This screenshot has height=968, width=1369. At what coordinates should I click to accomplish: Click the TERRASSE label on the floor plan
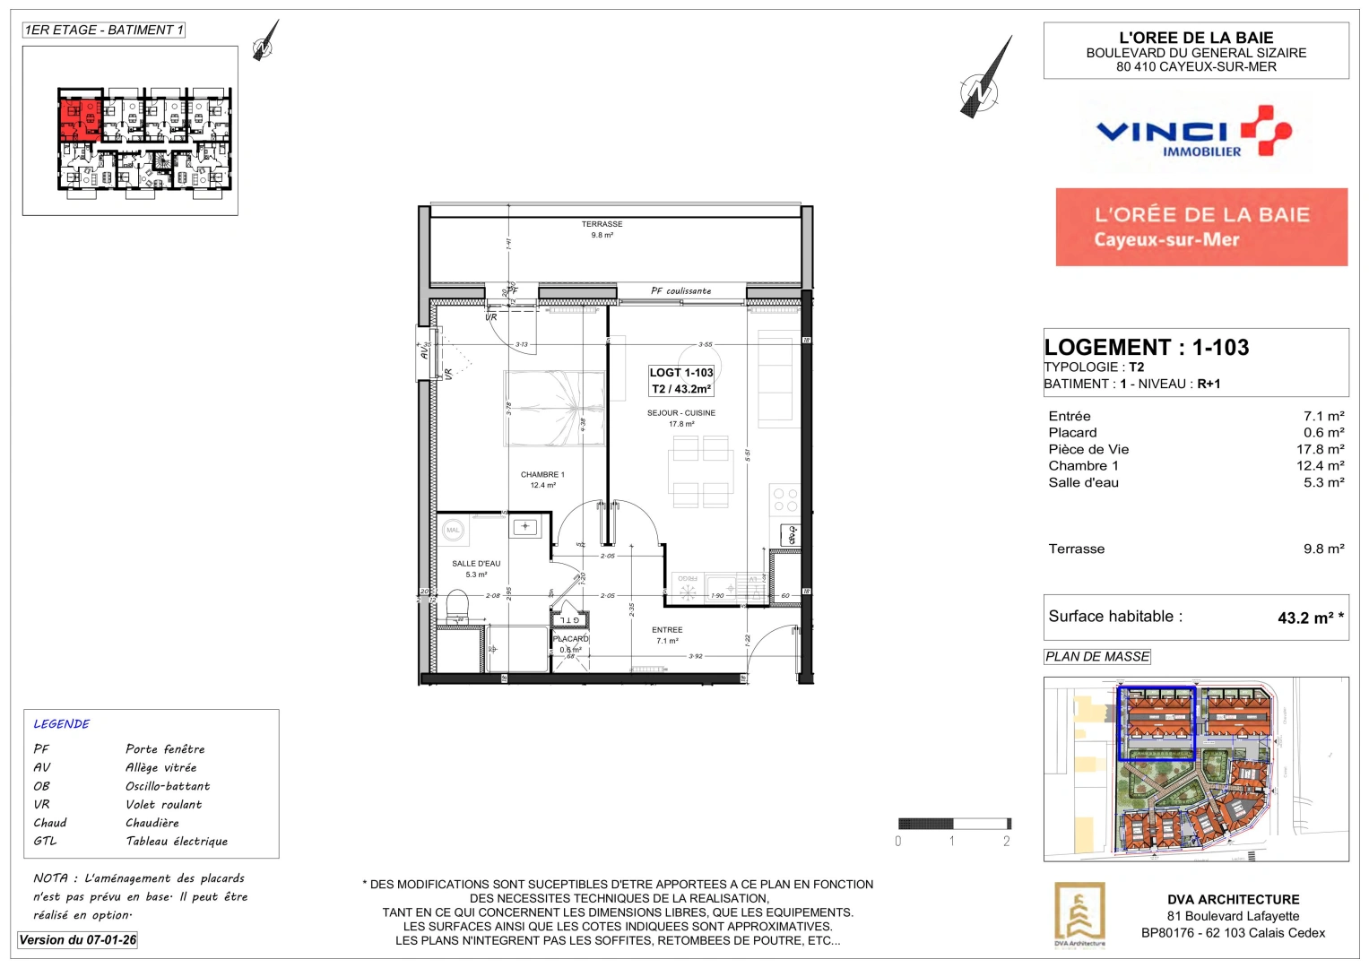602,224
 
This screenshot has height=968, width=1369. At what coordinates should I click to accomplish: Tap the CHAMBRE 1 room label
542,475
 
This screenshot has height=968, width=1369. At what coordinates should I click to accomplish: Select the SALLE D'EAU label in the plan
476,564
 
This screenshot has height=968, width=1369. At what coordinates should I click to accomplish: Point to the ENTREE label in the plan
667,630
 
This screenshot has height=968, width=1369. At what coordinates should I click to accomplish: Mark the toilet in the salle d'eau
457,607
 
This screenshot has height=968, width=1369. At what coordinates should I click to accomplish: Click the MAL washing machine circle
453,530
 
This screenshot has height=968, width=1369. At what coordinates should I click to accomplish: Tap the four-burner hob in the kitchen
784,500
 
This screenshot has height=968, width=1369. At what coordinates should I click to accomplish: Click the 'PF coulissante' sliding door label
680,291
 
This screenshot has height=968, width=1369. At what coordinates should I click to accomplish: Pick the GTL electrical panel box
570,619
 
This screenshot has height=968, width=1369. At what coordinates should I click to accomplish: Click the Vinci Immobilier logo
1193,134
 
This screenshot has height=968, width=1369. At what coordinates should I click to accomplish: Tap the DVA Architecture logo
1079,914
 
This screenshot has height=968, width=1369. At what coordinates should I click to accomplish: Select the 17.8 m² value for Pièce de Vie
1323,449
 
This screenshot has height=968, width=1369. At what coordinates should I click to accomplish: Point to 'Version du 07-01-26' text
78,940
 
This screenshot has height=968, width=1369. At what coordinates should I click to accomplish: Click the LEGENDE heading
62,724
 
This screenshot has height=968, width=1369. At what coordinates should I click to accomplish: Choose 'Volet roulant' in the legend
164,805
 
